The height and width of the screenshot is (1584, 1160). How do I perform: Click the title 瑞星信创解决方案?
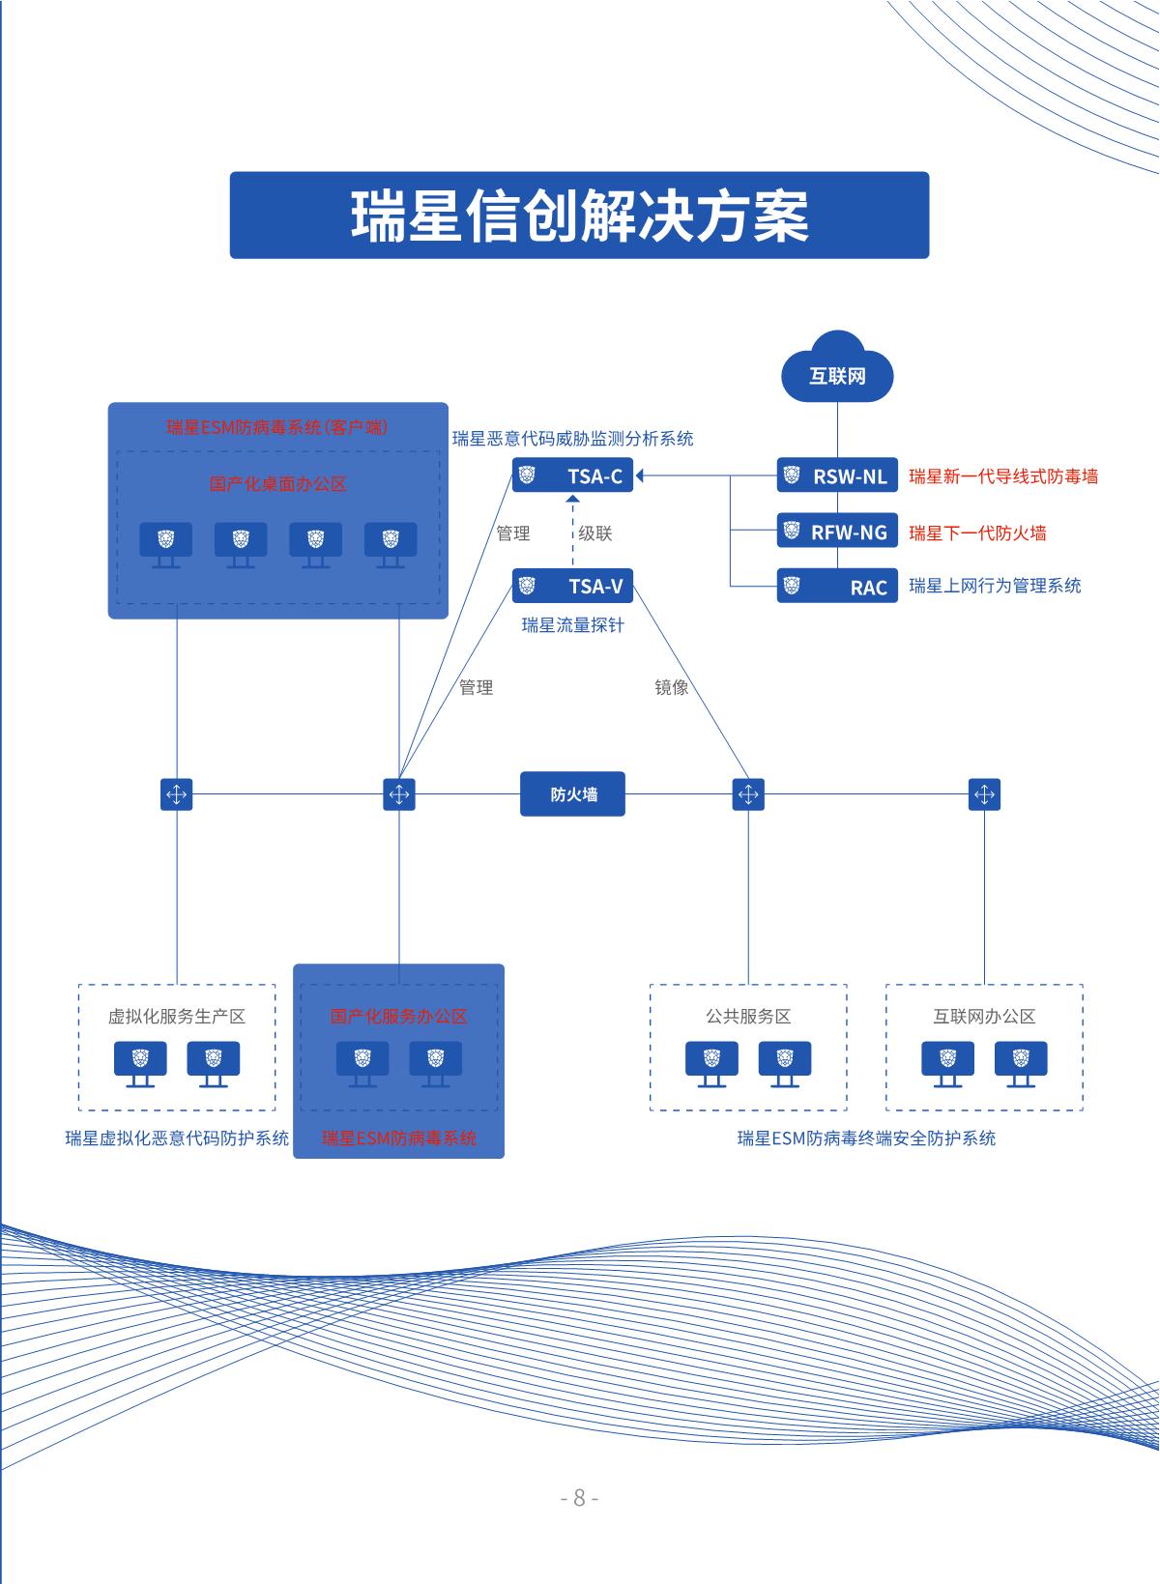(579, 216)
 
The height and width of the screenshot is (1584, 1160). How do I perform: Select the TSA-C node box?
(573, 475)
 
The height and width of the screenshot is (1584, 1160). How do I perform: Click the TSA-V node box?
(573, 586)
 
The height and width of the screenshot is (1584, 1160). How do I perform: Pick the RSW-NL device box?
(837, 475)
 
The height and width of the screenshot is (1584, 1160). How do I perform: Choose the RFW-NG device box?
(837, 532)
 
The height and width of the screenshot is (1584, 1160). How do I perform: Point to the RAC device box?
(837, 587)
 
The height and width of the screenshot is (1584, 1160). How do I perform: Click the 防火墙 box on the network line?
(573, 794)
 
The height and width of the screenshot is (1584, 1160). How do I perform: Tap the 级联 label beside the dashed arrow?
(595, 533)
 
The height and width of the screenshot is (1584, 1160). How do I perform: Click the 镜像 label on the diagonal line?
(672, 688)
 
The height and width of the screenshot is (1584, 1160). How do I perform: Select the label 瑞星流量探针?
(573, 625)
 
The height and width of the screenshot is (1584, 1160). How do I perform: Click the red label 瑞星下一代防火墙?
(977, 533)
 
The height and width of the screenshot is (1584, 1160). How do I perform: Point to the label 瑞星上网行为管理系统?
(995, 586)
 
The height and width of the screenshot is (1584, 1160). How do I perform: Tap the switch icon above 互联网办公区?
(984, 794)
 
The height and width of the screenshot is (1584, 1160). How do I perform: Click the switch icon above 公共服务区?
(748, 794)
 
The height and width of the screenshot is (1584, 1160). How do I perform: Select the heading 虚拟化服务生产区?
(177, 1017)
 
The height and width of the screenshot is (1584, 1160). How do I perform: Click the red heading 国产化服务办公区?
(398, 1017)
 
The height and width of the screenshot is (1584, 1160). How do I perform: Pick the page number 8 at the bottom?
(580, 1498)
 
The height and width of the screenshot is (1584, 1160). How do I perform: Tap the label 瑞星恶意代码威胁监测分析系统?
(573, 439)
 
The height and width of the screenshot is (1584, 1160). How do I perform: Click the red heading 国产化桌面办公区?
(278, 484)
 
